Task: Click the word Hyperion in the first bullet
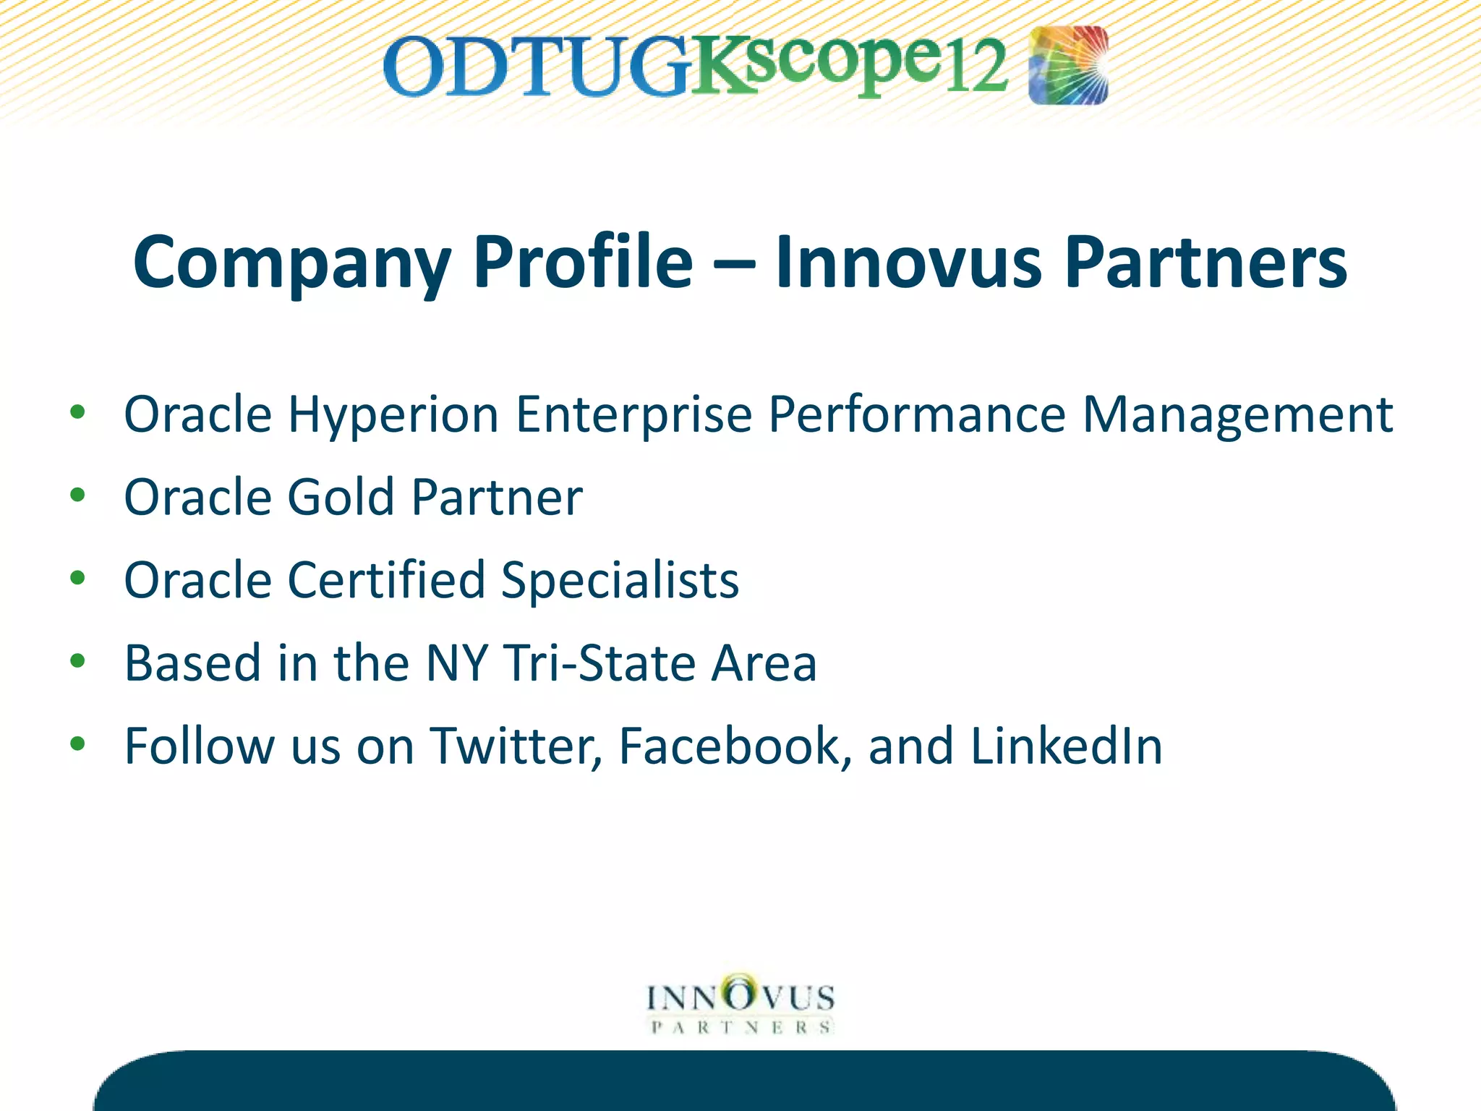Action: click(393, 416)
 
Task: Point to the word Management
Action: click(1237, 416)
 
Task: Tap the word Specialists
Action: click(620, 581)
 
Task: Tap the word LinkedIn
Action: click(1066, 746)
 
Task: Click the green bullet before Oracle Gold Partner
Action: click(78, 495)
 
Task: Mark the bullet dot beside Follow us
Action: click(78, 744)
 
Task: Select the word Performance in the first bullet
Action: click(916, 416)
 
